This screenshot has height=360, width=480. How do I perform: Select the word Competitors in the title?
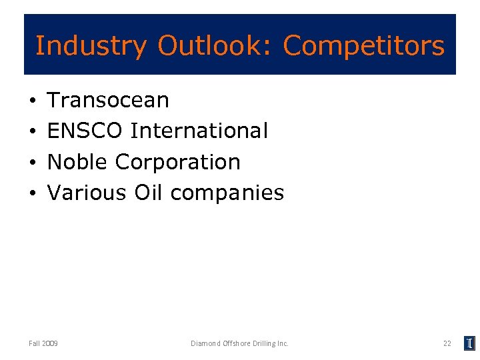click(x=363, y=46)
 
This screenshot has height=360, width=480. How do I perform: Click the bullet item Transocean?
click(x=109, y=100)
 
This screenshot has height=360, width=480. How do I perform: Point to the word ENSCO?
click(x=85, y=131)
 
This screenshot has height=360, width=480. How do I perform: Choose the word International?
click(x=199, y=131)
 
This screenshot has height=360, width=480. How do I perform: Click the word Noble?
click(x=77, y=161)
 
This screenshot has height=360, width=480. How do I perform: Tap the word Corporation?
click(x=178, y=162)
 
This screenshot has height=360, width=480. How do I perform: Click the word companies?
click(x=227, y=193)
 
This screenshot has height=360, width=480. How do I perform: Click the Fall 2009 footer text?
click(x=43, y=343)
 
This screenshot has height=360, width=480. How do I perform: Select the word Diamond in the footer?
click(x=203, y=343)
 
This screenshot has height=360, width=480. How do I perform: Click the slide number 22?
click(x=447, y=343)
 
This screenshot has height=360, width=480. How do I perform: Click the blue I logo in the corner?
click(x=469, y=343)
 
